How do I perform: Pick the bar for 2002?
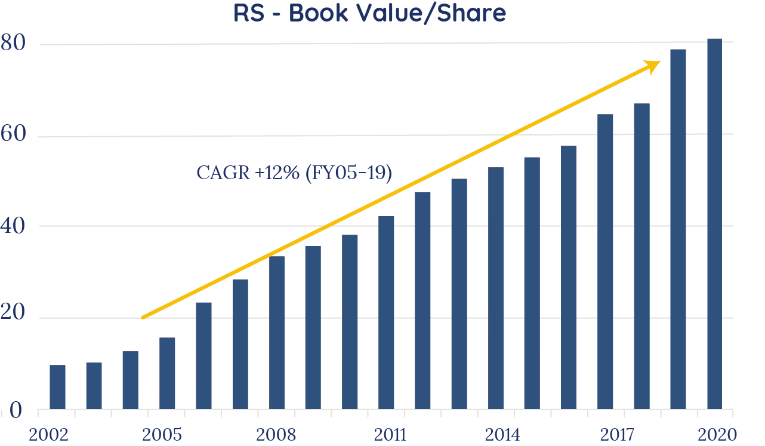[x=57, y=387]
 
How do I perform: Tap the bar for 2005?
[x=167, y=374]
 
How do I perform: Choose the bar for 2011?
[x=386, y=313]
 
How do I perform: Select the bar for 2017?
[x=605, y=262]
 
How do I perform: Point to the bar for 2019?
[x=678, y=230]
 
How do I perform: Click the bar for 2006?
[x=203, y=356]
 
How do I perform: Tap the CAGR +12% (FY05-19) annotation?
[x=294, y=173]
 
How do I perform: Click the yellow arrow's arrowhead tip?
[x=660, y=61]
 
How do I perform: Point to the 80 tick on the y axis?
[x=14, y=44]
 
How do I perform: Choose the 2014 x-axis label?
[x=502, y=433]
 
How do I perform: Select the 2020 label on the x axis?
[x=715, y=433]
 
